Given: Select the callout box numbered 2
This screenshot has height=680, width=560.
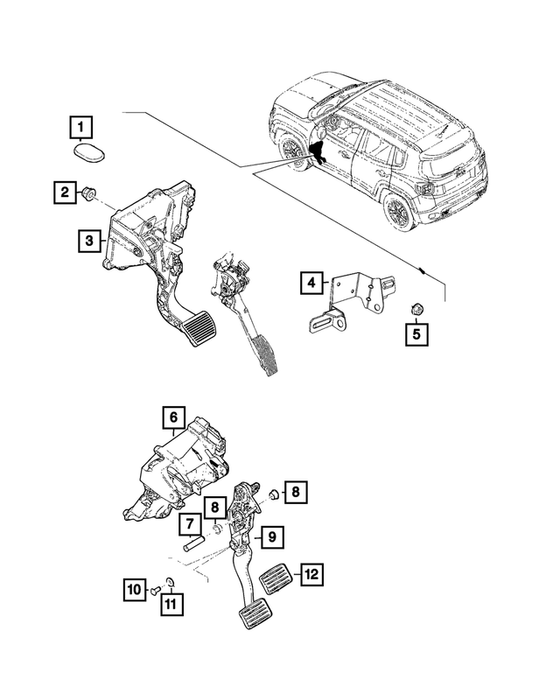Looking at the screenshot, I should pos(63,191).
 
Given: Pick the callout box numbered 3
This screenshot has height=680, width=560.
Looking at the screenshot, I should pos(88,239).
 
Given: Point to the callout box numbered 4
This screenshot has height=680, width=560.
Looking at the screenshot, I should pos(311,282).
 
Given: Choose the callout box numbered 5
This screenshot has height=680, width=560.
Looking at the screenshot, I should pos(416,333).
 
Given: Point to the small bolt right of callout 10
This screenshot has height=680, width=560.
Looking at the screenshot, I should pos(153,592).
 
